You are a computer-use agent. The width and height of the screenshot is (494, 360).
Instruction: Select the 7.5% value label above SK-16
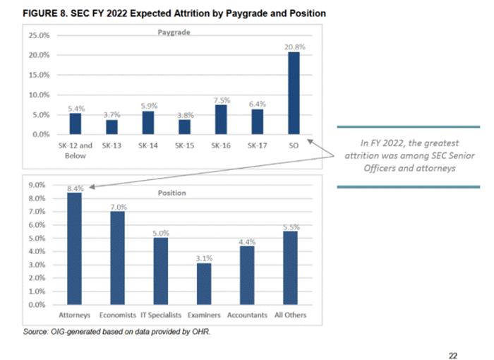(x=222, y=101)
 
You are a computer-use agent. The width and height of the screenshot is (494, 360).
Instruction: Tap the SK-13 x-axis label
(x=112, y=145)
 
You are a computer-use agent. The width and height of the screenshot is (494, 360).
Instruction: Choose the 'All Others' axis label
(x=290, y=315)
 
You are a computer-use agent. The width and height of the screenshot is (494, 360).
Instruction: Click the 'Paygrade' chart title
(x=175, y=32)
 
